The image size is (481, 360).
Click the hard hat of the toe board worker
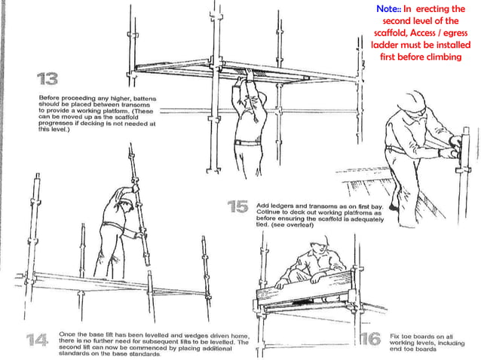319,241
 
